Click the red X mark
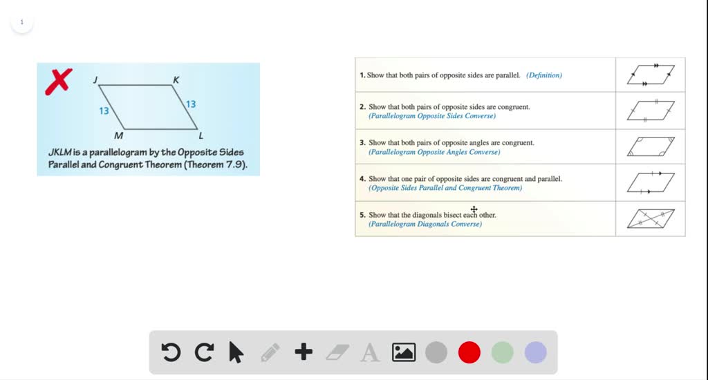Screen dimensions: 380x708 [59, 82]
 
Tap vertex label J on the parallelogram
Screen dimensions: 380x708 [95, 80]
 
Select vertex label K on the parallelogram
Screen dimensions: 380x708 [176, 80]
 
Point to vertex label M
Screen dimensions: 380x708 [119, 135]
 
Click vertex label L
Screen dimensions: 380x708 [201, 135]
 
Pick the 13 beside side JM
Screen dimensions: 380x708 [104, 111]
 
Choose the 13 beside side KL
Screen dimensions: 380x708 [191, 104]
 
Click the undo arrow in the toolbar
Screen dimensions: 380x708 [171, 353]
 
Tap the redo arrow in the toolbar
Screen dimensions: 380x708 [204, 353]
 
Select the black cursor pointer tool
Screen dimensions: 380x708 [236, 353]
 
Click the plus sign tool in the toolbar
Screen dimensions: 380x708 [304, 353]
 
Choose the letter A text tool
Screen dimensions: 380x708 [370, 353]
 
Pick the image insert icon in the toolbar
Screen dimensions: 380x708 [403, 353]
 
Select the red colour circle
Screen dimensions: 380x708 [469, 353]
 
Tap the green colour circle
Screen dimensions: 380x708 [503, 353]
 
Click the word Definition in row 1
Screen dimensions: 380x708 [544, 75]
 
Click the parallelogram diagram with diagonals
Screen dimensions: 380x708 [651, 218]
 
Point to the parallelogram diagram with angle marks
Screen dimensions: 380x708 [651, 146]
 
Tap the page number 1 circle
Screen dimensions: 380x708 [21, 22]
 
